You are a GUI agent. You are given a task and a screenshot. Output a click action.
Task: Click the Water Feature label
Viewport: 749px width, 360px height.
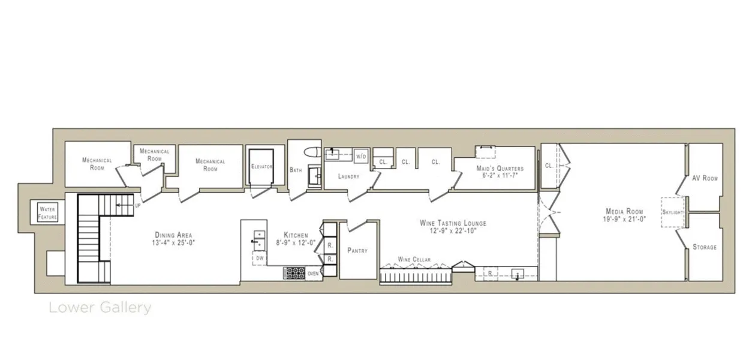47,212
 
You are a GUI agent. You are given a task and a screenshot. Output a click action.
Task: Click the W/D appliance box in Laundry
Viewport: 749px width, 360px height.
361,156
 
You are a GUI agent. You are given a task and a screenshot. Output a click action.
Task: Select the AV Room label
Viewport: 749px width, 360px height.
705,178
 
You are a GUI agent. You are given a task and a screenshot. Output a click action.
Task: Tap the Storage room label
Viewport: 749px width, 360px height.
705,247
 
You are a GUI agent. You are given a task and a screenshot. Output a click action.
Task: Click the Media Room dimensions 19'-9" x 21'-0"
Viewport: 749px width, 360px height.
624,219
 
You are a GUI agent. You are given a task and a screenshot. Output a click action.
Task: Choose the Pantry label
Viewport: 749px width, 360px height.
357,250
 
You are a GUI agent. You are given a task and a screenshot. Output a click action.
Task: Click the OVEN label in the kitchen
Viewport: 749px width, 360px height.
314,274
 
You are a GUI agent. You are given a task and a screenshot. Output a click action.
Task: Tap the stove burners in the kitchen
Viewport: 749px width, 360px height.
294,274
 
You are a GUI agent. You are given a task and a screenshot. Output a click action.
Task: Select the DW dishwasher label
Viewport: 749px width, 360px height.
260,258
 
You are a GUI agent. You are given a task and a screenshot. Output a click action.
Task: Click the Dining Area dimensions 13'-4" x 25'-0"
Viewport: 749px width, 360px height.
175,242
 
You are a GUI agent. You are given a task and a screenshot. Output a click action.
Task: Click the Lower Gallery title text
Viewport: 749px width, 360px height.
100,308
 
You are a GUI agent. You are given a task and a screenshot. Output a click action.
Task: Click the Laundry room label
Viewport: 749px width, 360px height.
348,176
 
